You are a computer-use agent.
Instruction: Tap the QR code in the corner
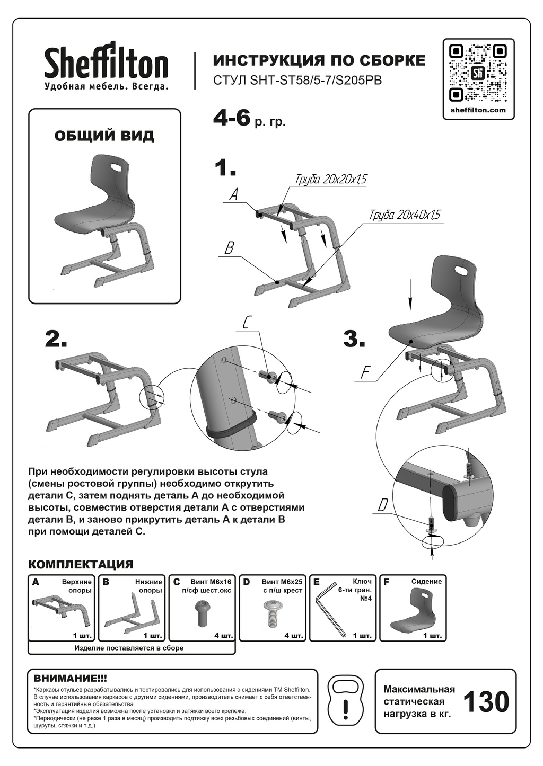(479, 73)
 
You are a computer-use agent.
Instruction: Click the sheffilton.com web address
(478, 110)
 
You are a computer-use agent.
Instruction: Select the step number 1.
(225, 168)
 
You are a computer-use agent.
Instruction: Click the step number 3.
(354, 339)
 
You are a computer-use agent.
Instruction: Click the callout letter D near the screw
(383, 506)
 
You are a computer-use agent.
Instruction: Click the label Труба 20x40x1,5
(405, 215)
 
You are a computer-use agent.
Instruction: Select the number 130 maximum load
(486, 702)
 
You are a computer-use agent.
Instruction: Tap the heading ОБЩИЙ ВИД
(104, 136)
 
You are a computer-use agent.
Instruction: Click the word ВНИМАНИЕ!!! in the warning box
(70, 678)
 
